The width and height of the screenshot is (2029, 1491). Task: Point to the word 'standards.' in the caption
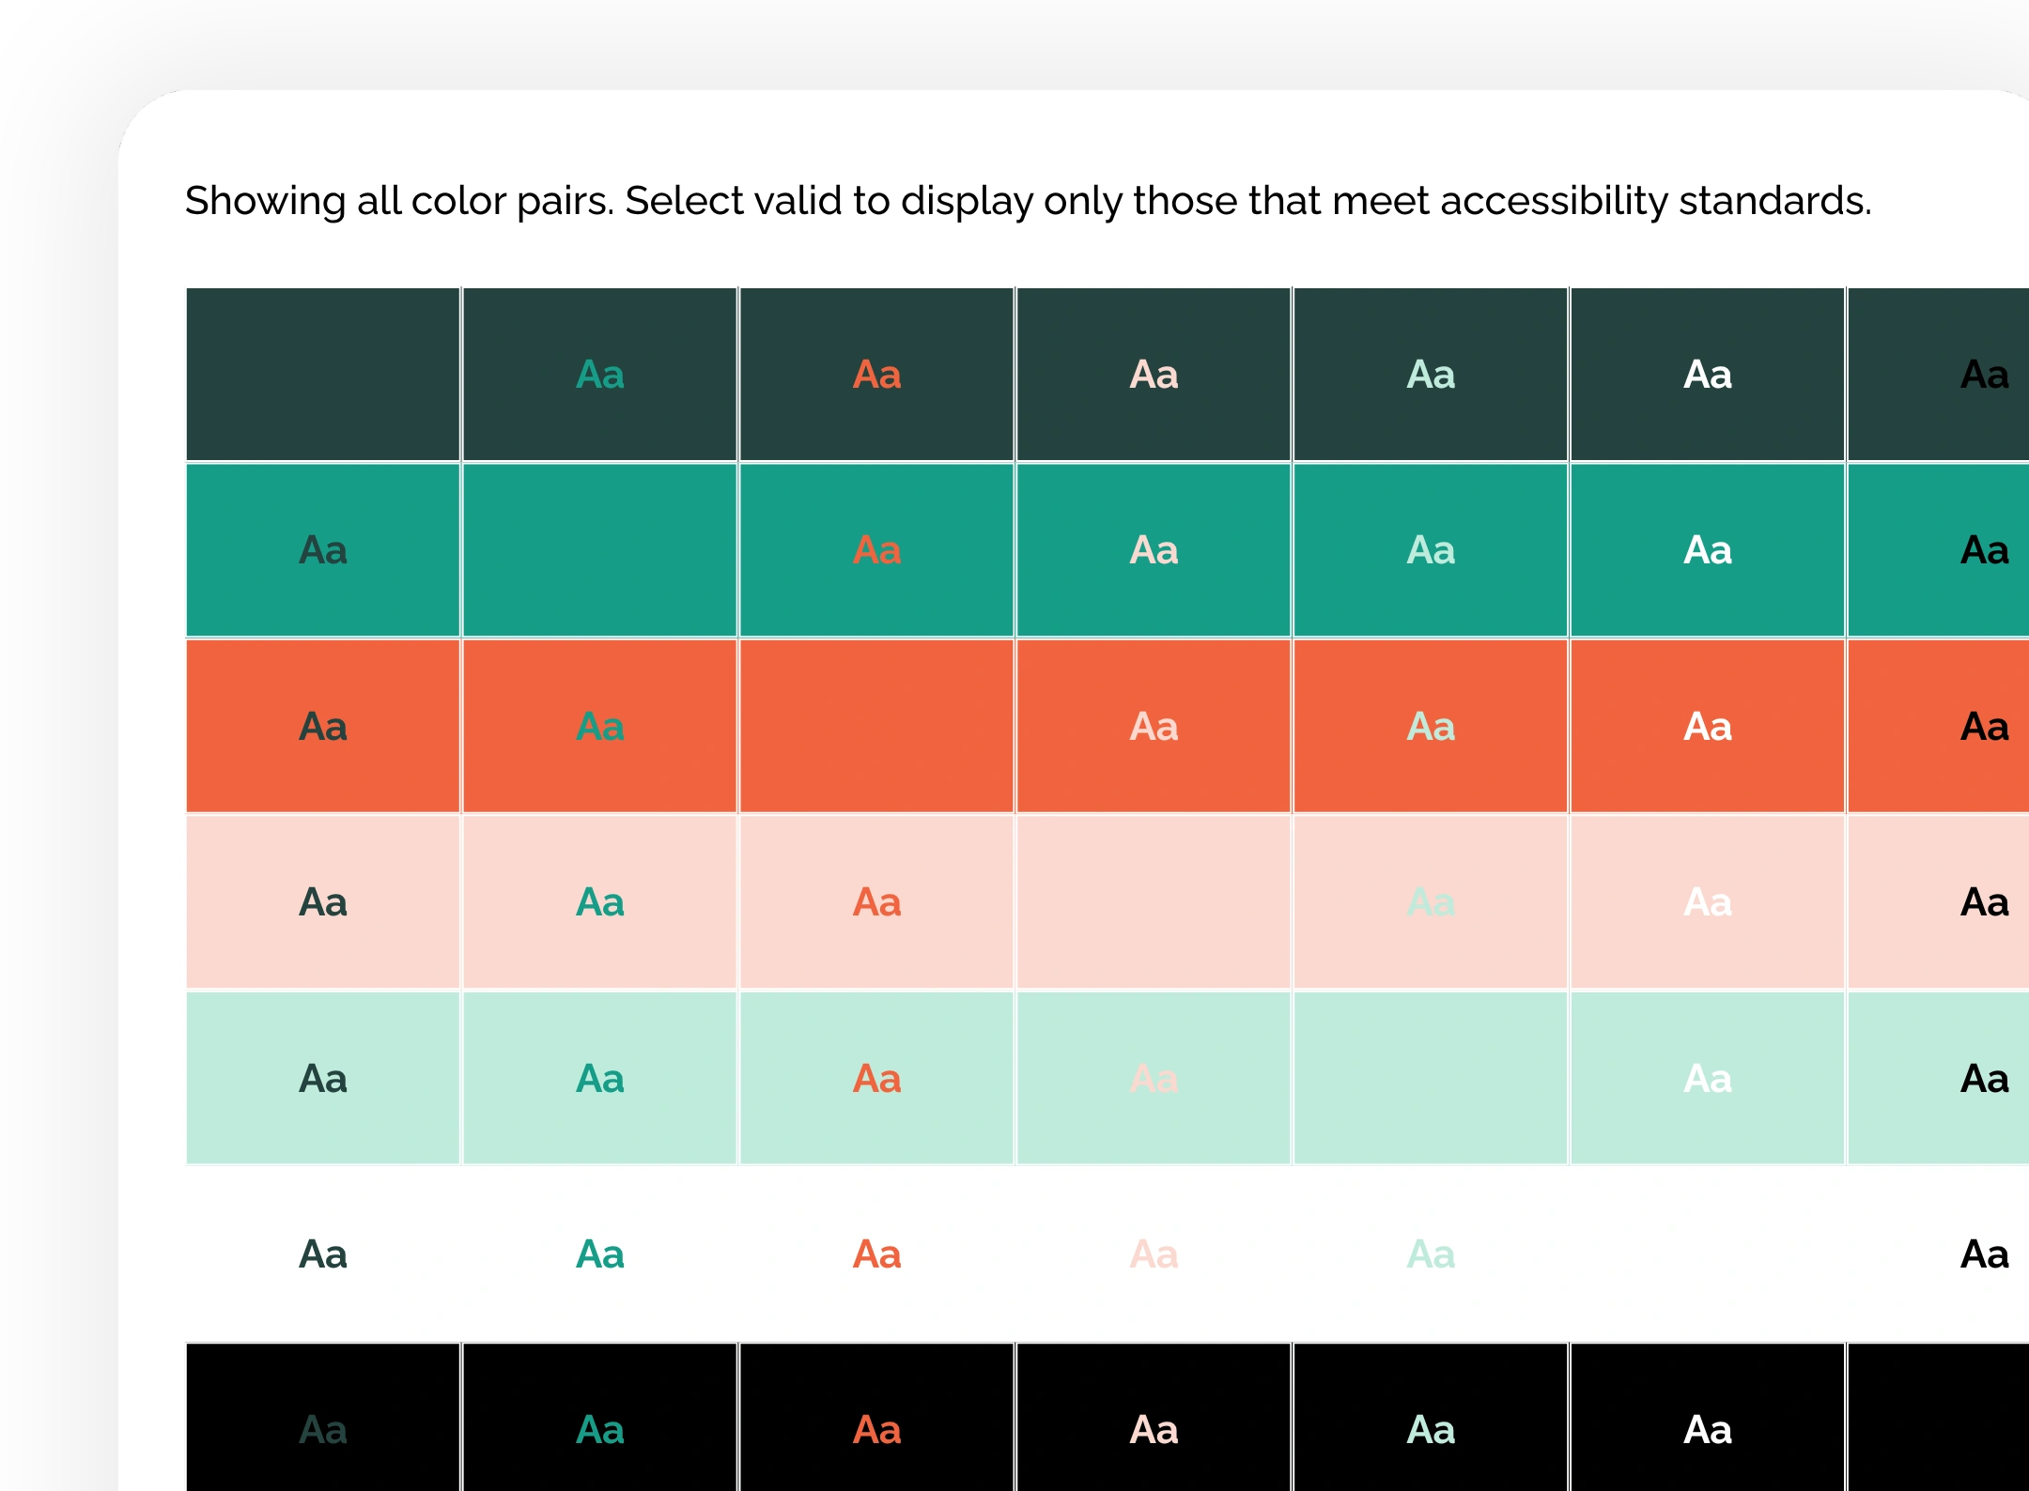(1775, 202)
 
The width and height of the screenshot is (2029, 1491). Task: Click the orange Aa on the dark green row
(876, 375)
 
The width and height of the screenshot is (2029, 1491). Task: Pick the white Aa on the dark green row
(1707, 375)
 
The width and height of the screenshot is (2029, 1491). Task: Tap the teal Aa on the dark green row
(599, 375)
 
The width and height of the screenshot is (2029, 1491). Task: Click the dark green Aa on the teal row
(323, 550)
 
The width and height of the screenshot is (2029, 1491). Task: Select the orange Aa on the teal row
(876, 550)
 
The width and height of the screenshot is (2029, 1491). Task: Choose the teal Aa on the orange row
(599, 727)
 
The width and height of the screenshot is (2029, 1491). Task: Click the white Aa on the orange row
(1707, 727)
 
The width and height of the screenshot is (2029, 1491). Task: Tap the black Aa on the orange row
(1984, 727)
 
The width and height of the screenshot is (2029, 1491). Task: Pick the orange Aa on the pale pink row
(876, 902)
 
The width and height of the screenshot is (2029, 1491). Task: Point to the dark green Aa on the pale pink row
(323, 902)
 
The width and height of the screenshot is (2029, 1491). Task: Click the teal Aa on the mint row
(599, 1079)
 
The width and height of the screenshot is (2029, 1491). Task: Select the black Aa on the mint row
(1984, 1079)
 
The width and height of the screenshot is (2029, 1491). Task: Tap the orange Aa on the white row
(876, 1254)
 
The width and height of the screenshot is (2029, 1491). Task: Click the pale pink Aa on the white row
(1154, 1254)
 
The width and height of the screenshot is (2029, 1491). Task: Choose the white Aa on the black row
(1707, 1430)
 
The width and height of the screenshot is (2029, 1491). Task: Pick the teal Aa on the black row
(599, 1430)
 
